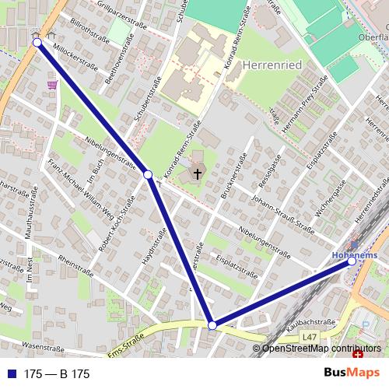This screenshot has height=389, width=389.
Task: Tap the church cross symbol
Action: point(198,173)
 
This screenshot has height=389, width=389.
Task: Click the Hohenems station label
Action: point(354,254)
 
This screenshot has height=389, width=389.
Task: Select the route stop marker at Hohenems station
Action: point(352,261)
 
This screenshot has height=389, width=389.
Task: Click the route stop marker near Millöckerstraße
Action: point(37,43)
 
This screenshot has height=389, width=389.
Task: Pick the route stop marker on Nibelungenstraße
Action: point(148,175)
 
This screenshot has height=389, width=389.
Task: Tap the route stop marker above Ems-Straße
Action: point(212,324)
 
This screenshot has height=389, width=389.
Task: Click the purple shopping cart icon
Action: point(52,84)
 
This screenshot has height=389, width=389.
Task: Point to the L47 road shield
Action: point(310,336)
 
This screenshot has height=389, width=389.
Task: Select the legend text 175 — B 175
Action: point(57,374)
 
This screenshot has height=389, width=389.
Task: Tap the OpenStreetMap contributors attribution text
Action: point(322,349)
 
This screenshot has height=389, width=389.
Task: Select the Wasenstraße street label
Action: point(43,346)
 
